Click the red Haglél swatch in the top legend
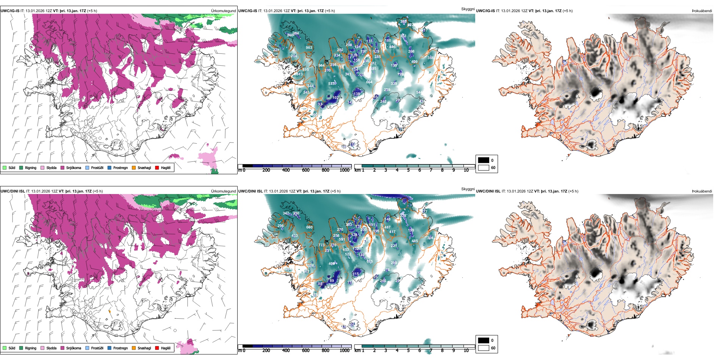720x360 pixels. coord(157,167)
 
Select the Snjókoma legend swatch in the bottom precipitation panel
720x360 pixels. coord(62,348)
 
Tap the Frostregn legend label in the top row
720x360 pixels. coord(121,167)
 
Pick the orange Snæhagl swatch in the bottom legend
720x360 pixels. coord(134,348)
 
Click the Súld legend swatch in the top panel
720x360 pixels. coord(5,167)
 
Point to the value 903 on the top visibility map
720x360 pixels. coord(309,48)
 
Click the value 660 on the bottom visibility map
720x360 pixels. coord(309,227)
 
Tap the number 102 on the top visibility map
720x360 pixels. coord(335,98)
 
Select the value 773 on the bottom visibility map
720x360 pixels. coord(321,245)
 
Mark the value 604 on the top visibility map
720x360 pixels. coord(369,82)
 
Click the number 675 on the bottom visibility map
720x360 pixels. coord(369,261)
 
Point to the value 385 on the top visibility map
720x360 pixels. coord(403,22)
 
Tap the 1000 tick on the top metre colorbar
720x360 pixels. coord(344,170)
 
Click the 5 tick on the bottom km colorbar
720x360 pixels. coord(409,351)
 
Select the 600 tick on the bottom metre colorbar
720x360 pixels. coord(305,351)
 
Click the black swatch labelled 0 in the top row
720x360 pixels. coord(483,160)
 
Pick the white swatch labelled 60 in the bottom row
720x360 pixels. coord(483,348)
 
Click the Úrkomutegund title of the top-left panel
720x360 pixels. coord(223,11)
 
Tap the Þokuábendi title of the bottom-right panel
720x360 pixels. coord(702,191)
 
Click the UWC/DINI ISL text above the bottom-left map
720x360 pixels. coord(13,191)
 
